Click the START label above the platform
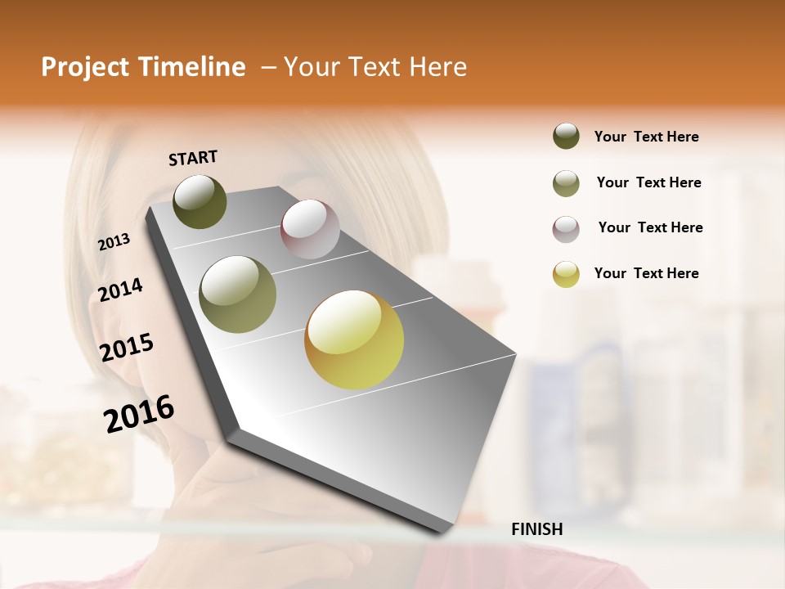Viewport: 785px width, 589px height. click(x=193, y=157)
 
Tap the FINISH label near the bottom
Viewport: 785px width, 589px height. click(x=536, y=529)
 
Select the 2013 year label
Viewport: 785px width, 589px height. click(x=114, y=242)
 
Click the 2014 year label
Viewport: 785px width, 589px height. click(x=121, y=290)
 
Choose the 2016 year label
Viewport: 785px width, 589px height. click(x=139, y=413)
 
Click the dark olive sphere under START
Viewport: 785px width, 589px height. click(x=200, y=201)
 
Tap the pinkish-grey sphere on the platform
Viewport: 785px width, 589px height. click(x=310, y=229)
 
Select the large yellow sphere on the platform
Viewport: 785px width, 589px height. click(x=354, y=339)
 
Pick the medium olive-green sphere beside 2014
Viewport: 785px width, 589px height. click(x=238, y=294)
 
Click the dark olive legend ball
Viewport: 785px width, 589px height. click(x=566, y=136)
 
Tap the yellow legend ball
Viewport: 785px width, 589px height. click(x=566, y=274)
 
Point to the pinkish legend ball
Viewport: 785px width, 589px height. click(x=566, y=229)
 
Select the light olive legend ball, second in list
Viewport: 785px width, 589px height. click(x=566, y=183)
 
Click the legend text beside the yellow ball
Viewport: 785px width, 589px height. click(x=646, y=273)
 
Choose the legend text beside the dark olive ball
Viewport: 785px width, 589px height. click(x=646, y=137)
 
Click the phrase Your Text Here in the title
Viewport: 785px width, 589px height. click(x=375, y=67)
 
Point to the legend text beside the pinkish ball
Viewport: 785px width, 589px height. click(x=650, y=227)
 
